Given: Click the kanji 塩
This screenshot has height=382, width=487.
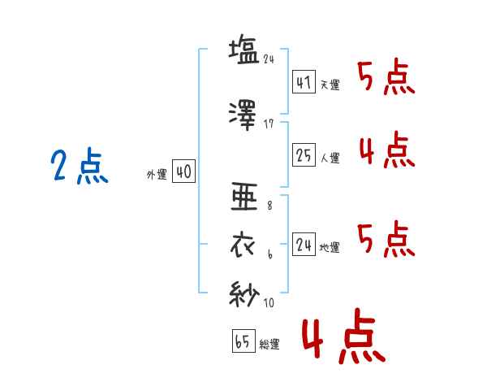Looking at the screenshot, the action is click(243, 50).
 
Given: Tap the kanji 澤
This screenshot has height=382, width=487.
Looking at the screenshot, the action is click(243, 115).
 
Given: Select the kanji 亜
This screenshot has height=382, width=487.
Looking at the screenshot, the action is click(244, 197).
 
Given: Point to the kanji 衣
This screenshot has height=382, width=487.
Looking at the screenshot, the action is click(243, 245).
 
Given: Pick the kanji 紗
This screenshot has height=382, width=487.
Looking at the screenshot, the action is click(244, 294).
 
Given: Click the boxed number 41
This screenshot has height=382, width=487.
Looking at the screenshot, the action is click(304, 82).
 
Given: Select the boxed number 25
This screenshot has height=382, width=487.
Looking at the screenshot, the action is click(304, 154).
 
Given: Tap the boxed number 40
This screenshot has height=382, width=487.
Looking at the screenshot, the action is click(184, 171).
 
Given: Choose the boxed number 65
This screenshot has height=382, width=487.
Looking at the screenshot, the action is click(243, 341).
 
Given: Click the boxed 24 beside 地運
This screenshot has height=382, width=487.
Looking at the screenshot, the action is click(304, 244).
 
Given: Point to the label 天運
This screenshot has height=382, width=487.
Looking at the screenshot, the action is click(330, 85).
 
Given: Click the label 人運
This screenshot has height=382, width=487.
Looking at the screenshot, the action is click(330, 158).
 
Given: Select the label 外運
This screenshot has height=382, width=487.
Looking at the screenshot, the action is click(157, 175).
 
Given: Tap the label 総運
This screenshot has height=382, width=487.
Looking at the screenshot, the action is click(269, 344).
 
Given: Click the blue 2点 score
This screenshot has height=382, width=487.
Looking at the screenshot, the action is click(80, 166).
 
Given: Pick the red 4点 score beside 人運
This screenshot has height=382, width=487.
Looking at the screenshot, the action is click(387, 150).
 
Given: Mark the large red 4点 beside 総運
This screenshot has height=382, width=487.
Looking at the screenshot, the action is click(344, 336).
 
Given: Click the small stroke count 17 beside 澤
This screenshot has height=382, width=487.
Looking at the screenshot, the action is click(269, 124).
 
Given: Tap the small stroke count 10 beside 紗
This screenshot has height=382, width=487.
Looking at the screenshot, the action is click(269, 302).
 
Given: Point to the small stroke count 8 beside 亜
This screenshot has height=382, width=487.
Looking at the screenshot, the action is click(269, 206).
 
